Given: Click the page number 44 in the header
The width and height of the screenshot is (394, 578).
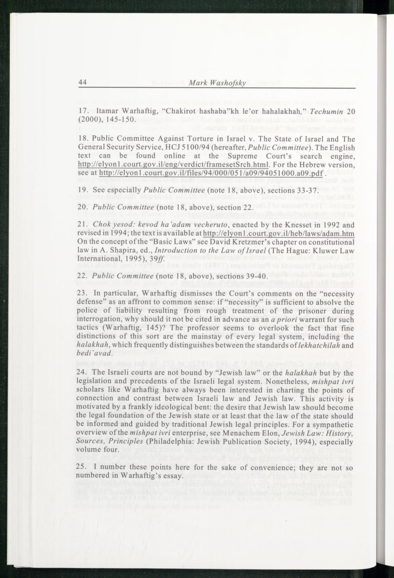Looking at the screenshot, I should [82, 82].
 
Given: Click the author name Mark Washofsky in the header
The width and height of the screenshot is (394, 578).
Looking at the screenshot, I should [217, 83].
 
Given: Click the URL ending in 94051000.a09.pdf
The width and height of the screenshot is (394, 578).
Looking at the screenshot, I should [212, 173].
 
